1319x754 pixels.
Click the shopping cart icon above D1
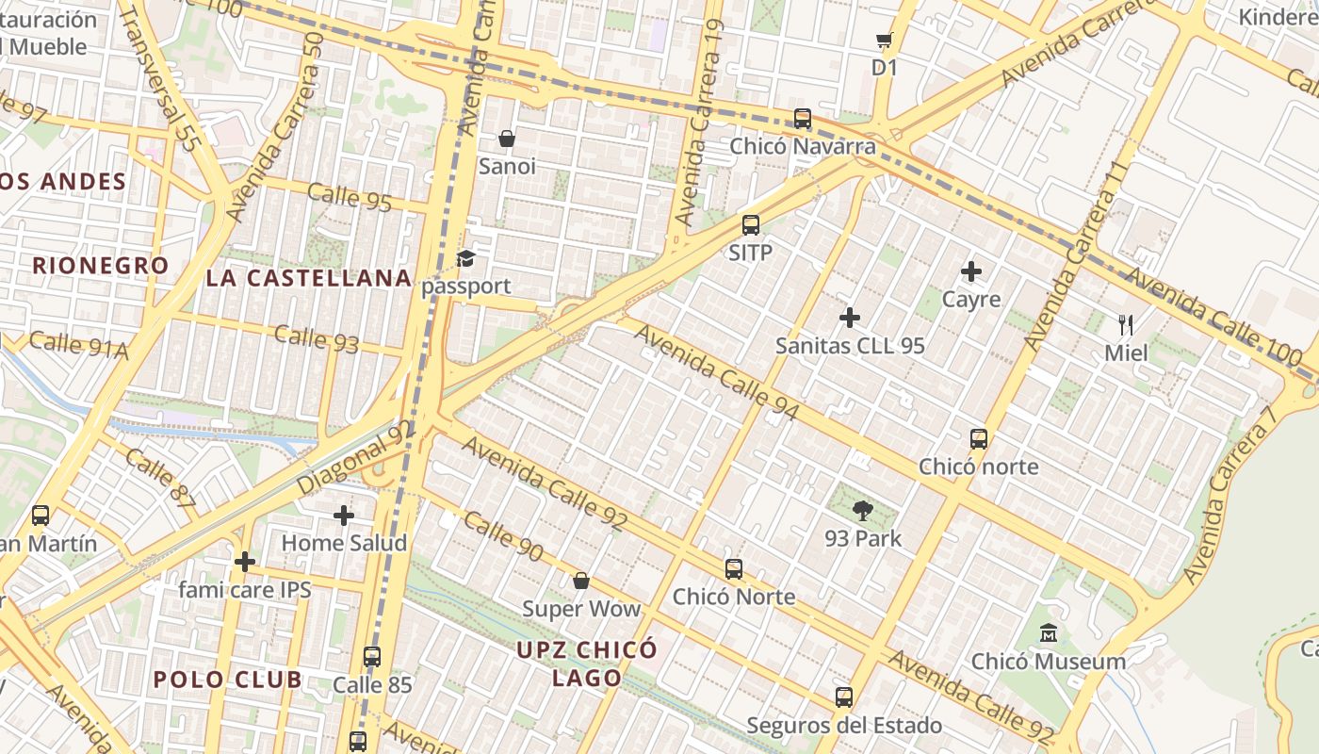(x=884, y=41)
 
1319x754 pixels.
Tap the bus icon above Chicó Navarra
(x=803, y=119)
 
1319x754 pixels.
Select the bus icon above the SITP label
(x=751, y=225)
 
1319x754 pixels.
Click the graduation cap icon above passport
(x=466, y=258)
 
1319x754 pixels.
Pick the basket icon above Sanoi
(x=507, y=139)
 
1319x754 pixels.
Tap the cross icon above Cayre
(x=971, y=272)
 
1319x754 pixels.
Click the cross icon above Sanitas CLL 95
(x=850, y=318)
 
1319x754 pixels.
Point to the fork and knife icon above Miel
(x=1126, y=325)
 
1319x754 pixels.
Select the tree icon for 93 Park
(x=862, y=512)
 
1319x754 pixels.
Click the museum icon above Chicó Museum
(x=1048, y=633)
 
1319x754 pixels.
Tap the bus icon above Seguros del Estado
(x=844, y=697)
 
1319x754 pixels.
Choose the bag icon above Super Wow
(x=581, y=581)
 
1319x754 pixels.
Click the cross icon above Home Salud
(x=344, y=516)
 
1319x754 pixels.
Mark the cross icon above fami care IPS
(x=245, y=562)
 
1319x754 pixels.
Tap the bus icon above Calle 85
(x=372, y=657)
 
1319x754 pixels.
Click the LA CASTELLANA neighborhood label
(x=309, y=278)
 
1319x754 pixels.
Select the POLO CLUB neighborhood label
(x=228, y=680)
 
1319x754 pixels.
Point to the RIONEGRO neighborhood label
(x=101, y=266)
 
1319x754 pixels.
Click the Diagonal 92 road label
(x=356, y=457)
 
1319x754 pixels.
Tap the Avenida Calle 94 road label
(x=716, y=372)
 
